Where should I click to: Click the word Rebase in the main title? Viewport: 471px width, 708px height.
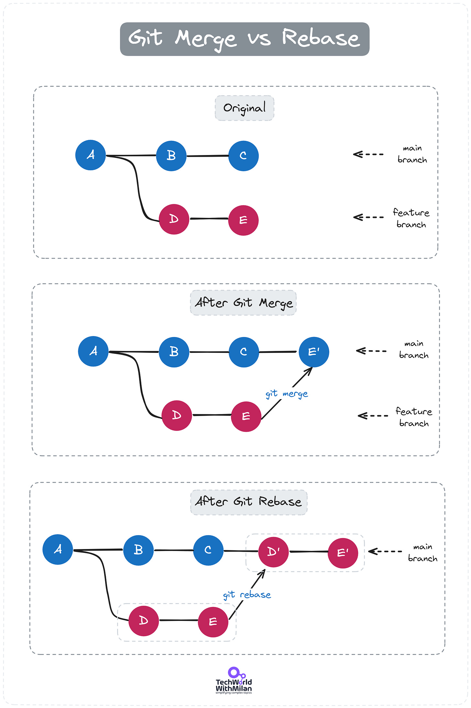pyautogui.click(x=320, y=38)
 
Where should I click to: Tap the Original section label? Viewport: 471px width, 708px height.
pyautogui.click(x=245, y=108)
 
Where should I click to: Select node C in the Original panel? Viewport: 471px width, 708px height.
pyautogui.click(x=243, y=156)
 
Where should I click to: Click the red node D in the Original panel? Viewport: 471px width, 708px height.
pyautogui.click(x=174, y=219)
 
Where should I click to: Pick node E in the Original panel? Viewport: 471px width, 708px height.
pyautogui.click(x=243, y=220)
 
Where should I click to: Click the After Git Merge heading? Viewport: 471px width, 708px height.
pyautogui.click(x=243, y=303)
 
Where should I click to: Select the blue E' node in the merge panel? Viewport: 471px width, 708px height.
pyautogui.click(x=313, y=352)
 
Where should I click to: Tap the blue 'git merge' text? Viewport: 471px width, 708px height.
pyautogui.click(x=287, y=394)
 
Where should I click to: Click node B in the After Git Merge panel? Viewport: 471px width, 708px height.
pyautogui.click(x=174, y=352)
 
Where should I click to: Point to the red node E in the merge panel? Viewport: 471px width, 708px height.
pyautogui.click(x=246, y=416)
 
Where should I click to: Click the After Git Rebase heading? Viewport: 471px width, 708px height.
pyautogui.click(x=248, y=502)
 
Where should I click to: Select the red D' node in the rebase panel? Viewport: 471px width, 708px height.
pyautogui.click(x=273, y=552)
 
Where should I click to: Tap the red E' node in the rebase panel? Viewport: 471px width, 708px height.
pyautogui.click(x=343, y=553)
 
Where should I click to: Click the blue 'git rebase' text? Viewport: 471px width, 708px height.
pyautogui.click(x=247, y=595)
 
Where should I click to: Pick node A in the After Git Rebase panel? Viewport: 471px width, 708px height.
pyautogui.click(x=58, y=549)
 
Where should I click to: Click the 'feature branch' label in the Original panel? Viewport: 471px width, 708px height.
pyautogui.click(x=411, y=219)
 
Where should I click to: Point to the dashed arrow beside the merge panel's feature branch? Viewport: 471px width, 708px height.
pyautogui.click(x=373, y=416)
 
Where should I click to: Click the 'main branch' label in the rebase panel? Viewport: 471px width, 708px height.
pyautogui.click(x=422, y=553)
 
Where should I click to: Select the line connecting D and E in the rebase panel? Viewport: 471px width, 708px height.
pyautogui.click(x=179, y=620)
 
